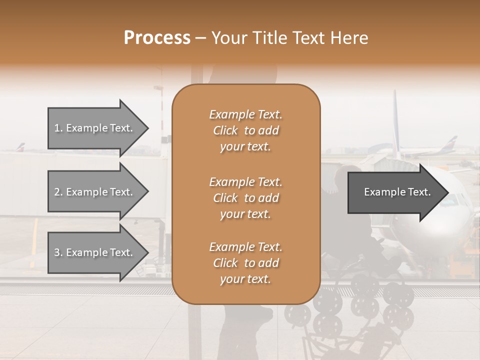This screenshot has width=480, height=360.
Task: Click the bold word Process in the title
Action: (x=157, y=38)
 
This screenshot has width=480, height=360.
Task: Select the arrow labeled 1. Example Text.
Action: (x=95, y=128)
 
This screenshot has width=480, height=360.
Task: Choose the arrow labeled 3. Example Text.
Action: (x=95, y=252)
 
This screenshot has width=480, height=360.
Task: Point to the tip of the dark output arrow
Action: (x=447, y=192)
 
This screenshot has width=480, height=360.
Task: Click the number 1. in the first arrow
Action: (x=58, y=128)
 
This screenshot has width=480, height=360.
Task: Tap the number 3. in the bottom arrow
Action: (x=58, y=252)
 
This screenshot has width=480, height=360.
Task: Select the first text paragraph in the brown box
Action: (x=245, y=130)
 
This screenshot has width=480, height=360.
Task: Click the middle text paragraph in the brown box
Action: (x=245, y=198)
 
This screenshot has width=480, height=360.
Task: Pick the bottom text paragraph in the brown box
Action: (x=245, y=263)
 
